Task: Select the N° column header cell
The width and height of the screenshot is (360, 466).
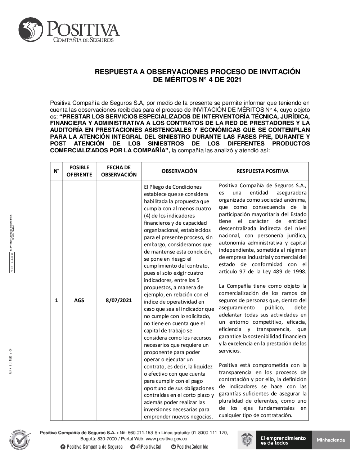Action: tap(57, 171)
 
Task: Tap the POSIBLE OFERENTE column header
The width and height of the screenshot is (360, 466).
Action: tap(79, 171)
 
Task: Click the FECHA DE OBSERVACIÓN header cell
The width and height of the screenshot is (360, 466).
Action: tap(119, 171)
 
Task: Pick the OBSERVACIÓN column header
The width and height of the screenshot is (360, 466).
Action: tap(179, 171)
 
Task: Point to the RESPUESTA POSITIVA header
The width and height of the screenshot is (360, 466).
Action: tap(262, 171)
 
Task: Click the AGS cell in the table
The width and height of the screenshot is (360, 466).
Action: tap(79, 300)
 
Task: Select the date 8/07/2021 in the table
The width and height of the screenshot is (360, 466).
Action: tap(119, 300)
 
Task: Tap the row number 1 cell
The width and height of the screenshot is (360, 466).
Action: tap(57, 300)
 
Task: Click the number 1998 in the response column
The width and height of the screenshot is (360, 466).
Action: tap(298, 272)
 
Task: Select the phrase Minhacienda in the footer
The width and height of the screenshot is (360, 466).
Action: tap(331, 440)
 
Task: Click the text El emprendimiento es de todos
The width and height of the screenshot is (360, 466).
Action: tap(283, 440)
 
